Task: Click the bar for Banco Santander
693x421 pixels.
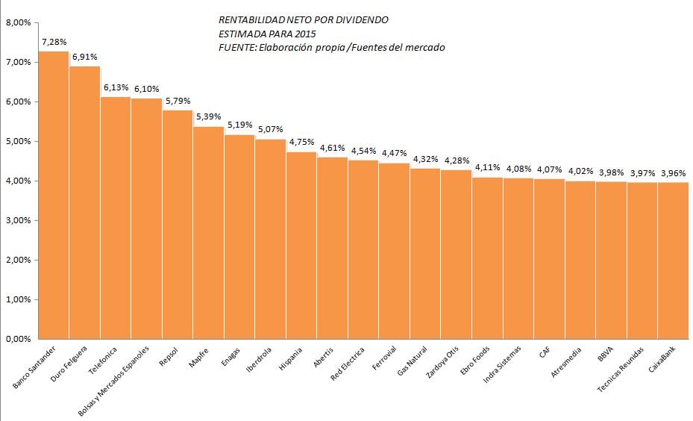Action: (x=54, y=195)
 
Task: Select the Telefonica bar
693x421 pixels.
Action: (x=116, y=218)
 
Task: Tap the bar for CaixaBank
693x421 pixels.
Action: (x=673, y=261)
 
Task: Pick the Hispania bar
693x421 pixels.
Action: (x=301, y=246)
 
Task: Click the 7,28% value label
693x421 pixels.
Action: (x=54, y=42)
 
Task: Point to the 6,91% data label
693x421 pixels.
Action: (x=85, y=57)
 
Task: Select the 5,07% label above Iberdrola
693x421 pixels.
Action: (x=271, y=129)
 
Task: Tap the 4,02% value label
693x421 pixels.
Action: (x=580, y=171)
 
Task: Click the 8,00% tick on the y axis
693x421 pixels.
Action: (x=18, y=23)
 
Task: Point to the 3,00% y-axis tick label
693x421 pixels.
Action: (x=18, y=221)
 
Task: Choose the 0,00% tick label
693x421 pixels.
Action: (x=18, y=339)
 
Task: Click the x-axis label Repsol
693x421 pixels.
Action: (x=169, y=357)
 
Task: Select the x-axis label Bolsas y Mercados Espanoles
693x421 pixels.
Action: (x=113, y=381)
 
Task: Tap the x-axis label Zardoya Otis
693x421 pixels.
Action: (x=442, y=362)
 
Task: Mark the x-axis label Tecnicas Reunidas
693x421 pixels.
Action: (x=620, y=369)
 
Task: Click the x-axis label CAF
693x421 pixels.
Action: (x=544, y=352)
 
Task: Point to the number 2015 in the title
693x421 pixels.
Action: (x=306, y=34)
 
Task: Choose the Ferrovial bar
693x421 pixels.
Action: (x=394, y=252)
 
